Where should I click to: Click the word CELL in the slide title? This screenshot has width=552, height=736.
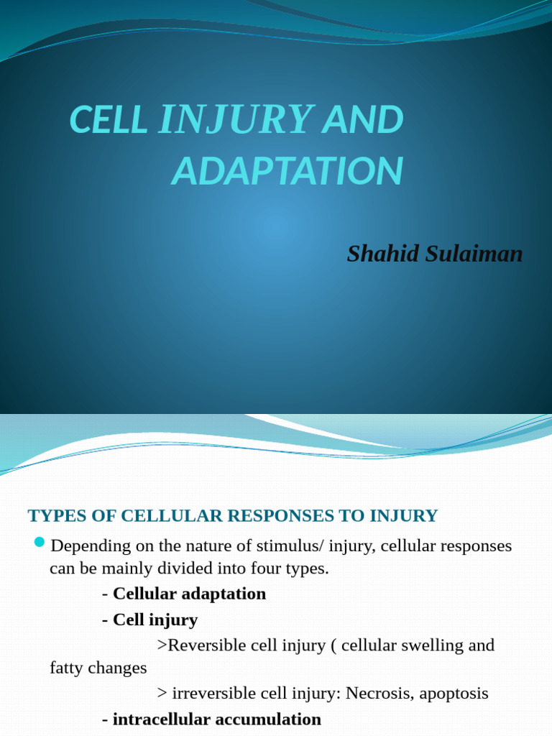pyautogui.click(x=108, y=120)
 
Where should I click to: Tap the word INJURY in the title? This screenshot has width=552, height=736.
pyautogui.click(x=235, y=120)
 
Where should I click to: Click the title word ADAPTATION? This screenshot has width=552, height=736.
pyautogui.click(x=287, y=171)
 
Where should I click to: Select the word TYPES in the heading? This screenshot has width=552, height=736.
pyautogui.click(x=51, y=515)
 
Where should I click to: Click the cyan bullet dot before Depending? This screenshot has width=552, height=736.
pyautogui.click(x=39, y=541)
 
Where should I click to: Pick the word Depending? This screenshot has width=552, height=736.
pyautogui.click(x=91, y=546)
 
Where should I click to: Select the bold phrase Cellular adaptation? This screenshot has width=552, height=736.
pyautogui.click(x=189, y=594)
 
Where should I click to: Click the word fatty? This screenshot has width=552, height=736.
pyautogui.click(x=68, y=668)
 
